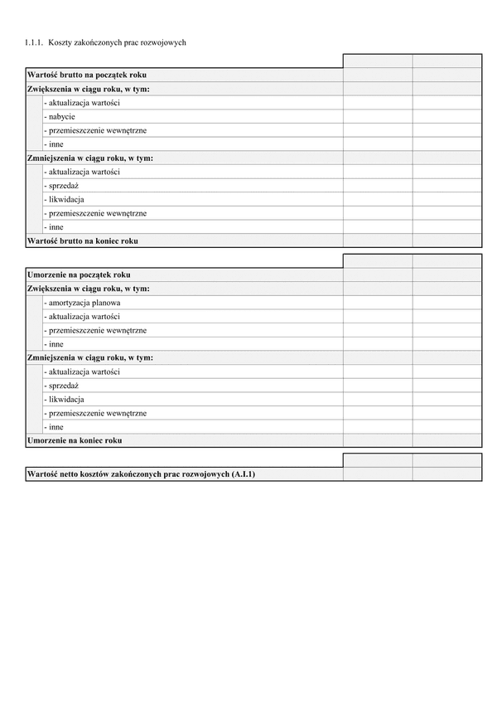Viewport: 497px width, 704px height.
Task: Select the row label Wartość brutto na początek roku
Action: click(87, 75)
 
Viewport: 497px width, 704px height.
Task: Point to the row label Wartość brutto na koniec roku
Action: click(83, 240)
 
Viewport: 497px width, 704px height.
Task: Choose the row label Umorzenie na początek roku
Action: click(79, 274)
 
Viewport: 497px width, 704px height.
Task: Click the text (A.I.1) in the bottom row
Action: click(244, 474)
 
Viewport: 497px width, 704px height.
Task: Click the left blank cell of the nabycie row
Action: click(377, 117)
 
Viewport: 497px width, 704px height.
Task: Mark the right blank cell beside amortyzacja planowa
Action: click(446, 303)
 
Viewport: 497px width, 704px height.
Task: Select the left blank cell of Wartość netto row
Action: click(377, 474)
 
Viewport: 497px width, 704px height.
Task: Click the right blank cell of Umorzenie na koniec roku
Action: click(446, 440)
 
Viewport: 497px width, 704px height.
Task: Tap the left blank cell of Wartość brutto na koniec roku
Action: click(377, 240)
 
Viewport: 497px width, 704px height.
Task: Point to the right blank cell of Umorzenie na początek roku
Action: click(446, 274)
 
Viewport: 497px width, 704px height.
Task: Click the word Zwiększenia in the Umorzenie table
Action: click(50, 289)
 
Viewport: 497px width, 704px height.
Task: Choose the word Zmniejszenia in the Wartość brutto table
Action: click(51, 158)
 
